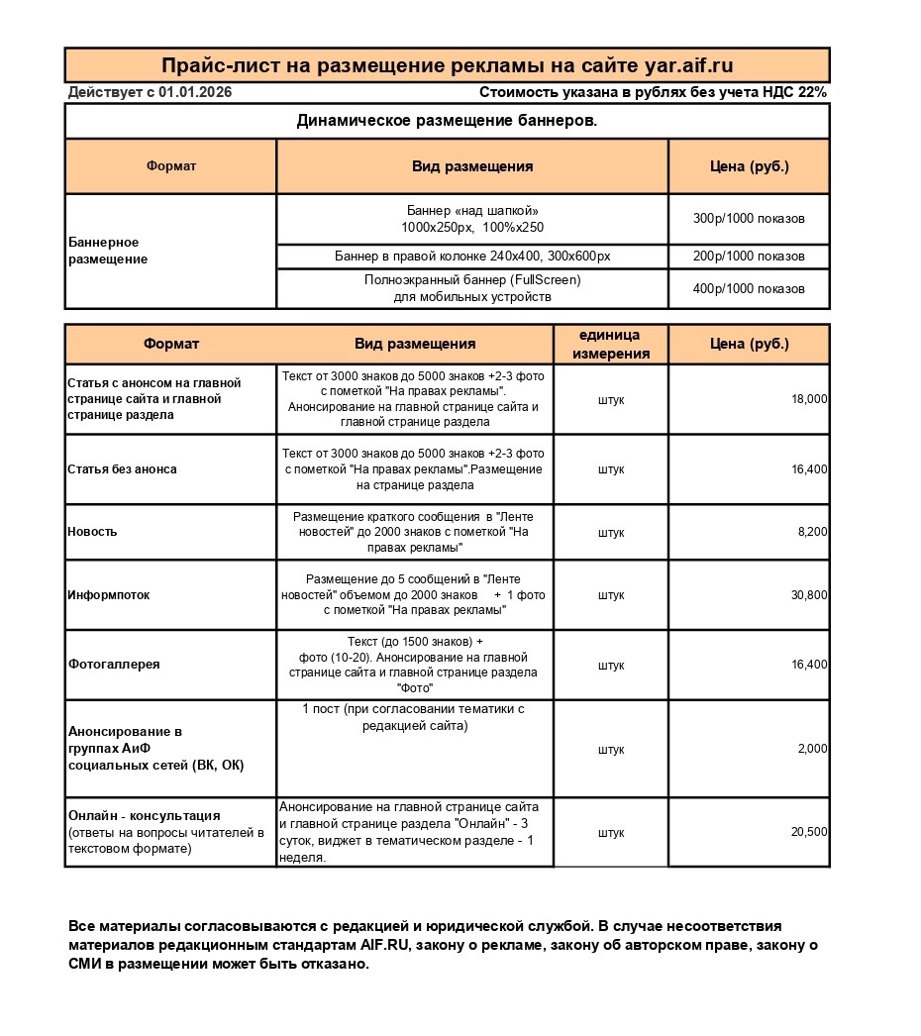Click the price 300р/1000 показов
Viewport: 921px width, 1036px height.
click(x=749, y=219)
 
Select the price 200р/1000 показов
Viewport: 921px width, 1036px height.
click(x=749, y=257)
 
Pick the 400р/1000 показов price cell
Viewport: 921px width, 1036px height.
click(x=749, y=289)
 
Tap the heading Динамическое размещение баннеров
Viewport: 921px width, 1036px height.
click(x=447, y=121)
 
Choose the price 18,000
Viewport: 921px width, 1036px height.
click(x=809, y=399)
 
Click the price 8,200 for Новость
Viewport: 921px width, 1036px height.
click(x=813, y=532)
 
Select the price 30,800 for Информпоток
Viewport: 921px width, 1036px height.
click(x=809, y=595)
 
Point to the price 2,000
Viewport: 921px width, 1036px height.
click(x=813, y=749)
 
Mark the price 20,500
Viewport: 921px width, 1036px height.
click(x=809, y=833)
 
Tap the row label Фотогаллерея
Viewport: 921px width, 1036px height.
click(x=114, y=665)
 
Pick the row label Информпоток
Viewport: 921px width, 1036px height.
click(x=109, y=595)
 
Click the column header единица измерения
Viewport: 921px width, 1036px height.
click(x=611, y=345)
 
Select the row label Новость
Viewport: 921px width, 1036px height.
click(x=92, y=532)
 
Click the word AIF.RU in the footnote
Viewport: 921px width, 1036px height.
click(x=385, y=946)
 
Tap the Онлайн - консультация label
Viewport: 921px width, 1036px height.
click(x=145, y=816)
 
